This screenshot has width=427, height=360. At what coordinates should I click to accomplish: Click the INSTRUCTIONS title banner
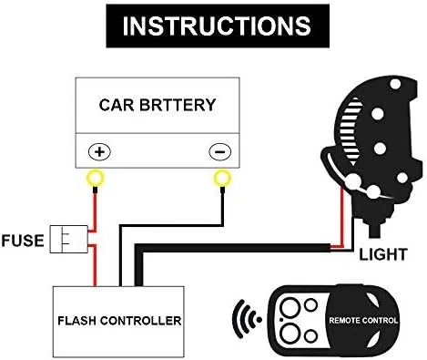pos(212,26)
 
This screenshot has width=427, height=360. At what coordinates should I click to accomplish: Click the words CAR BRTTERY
pos(158,105)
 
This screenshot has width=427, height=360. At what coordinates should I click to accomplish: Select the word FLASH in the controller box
pos(80,321)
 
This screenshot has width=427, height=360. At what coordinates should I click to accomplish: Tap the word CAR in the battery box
pos(116,105)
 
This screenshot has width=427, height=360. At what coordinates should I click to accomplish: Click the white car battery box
pos(158,123)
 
